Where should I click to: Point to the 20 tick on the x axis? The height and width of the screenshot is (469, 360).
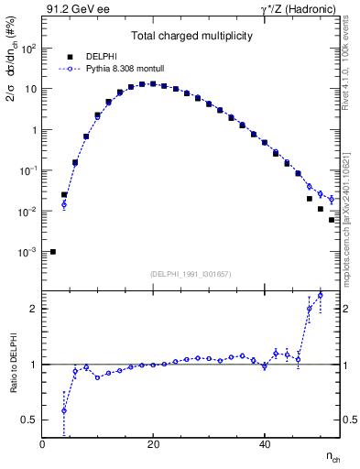(x=153, y=444)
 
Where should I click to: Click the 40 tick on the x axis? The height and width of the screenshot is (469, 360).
(x=265, y=444)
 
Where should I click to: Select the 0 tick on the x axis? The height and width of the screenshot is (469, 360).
(x=42, y=444)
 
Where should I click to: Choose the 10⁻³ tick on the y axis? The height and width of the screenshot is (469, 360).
(x=29, y=252)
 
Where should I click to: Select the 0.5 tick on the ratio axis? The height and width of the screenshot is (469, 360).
(x=29, y=420)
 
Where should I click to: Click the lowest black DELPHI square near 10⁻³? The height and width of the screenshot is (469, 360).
(x=53, y=252)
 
